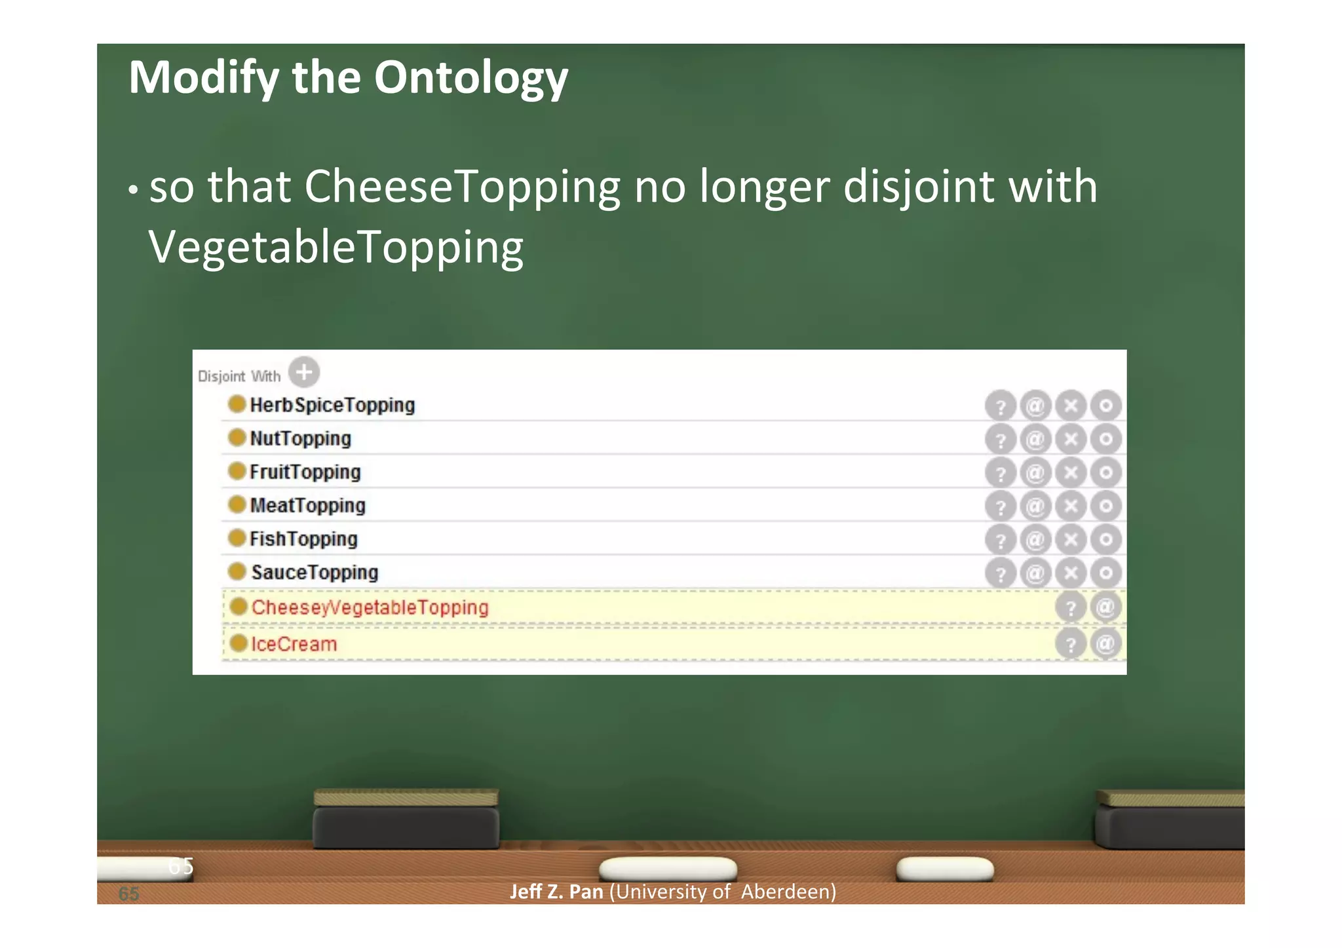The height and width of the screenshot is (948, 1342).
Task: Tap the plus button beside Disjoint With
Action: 304,372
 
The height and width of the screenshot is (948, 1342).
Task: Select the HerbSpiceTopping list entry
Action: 332,405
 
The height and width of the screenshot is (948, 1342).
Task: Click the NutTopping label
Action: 300,438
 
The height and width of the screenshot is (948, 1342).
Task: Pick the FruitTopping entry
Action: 305,472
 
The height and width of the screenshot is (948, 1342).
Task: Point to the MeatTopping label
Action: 307,505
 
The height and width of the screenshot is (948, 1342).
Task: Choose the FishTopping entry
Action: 303,539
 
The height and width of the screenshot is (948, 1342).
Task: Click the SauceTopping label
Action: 315,572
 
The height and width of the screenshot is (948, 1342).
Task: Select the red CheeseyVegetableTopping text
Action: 370,607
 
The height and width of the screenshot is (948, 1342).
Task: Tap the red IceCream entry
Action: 294,644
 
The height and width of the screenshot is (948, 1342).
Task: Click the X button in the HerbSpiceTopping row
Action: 1071,406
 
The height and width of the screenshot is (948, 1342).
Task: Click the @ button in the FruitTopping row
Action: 1035,473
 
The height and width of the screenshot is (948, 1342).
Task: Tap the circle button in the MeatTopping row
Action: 1106,506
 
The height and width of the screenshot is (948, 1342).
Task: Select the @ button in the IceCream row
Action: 1105,644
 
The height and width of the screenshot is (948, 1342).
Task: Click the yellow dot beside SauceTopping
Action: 237,571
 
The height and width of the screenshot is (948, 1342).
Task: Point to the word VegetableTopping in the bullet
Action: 335,248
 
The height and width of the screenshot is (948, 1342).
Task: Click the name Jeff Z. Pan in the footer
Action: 556,892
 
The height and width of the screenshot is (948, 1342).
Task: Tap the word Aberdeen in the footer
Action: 788,892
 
